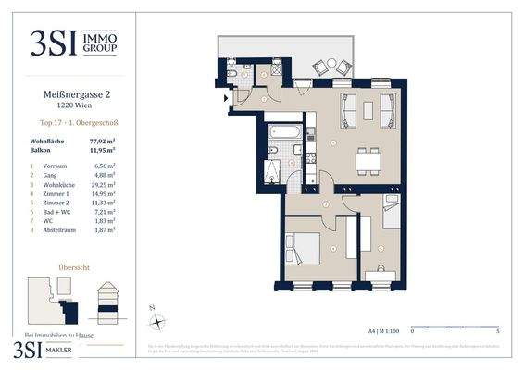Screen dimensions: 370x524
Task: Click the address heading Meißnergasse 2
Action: pos(66,92)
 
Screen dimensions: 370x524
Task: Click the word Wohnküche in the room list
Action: pos(58,192)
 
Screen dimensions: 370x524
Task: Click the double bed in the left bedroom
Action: pos(303,248)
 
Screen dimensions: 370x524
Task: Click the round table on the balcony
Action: pos(331,67)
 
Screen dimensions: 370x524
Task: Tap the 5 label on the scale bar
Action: pos(498,328)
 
